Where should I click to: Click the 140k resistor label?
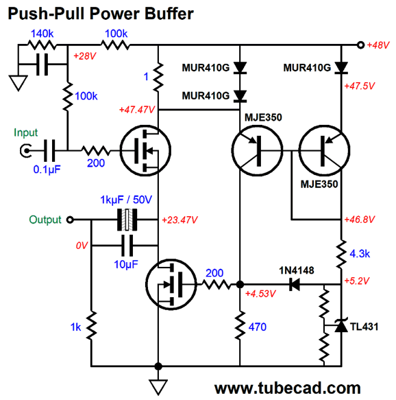click(42, 34)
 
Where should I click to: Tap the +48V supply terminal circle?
click(360, 45)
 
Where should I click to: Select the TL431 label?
click(364, 327)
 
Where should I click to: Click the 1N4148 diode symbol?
click(295, 284)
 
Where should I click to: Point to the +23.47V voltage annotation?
click(180, 220)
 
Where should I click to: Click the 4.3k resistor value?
click(360, 254)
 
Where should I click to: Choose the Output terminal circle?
click(70, 220)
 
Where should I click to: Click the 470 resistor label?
click(258, 327)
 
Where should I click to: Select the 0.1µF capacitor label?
click(47, 169)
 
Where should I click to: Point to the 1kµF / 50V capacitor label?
click(126, 200)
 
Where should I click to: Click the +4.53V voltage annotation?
click(260, 294)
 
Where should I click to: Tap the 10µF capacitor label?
click(126, 264)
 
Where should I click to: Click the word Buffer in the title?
click(169, 14)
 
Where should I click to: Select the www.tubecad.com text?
click(288, 388)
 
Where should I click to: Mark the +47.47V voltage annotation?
click(137, 110)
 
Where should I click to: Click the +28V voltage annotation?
click(84, 56)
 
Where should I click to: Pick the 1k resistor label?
click(75, 327)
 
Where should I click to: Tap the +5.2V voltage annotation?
click(356, 281)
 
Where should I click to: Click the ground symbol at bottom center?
click(158, 387)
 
